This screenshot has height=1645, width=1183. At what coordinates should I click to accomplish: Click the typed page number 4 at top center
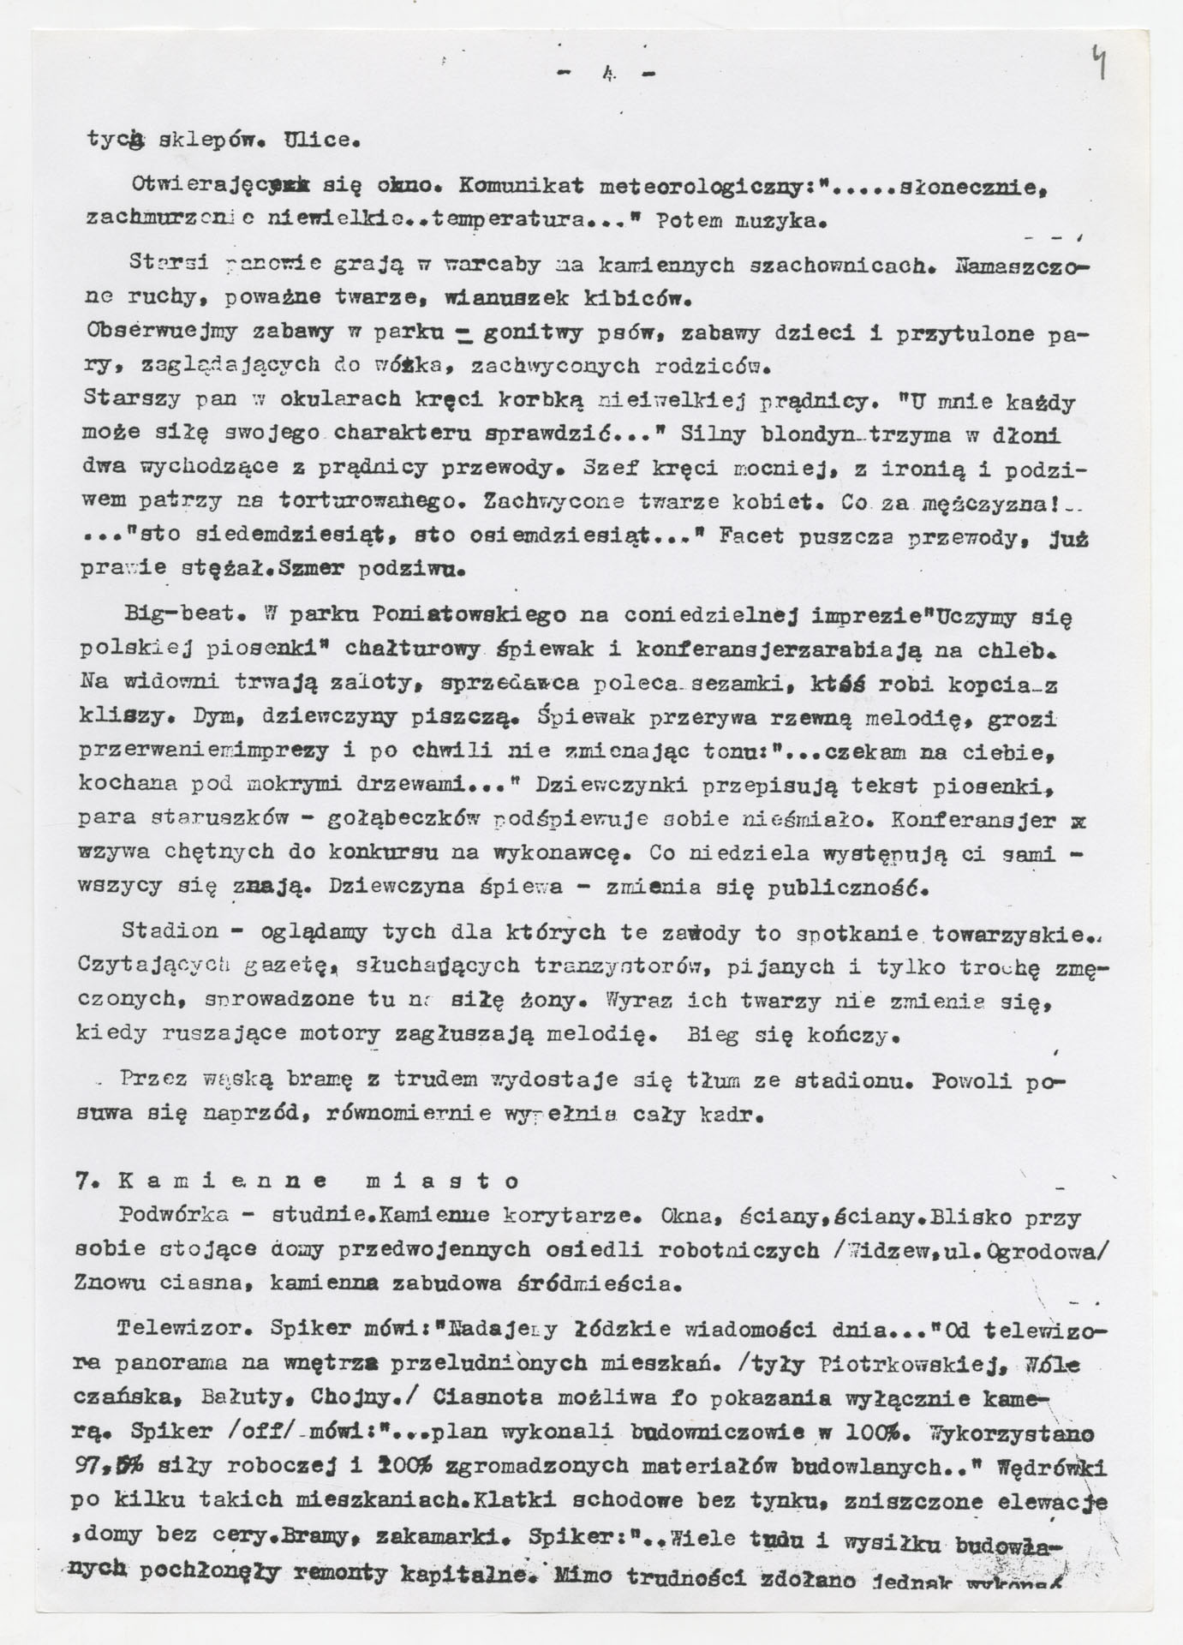[605, 76]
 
